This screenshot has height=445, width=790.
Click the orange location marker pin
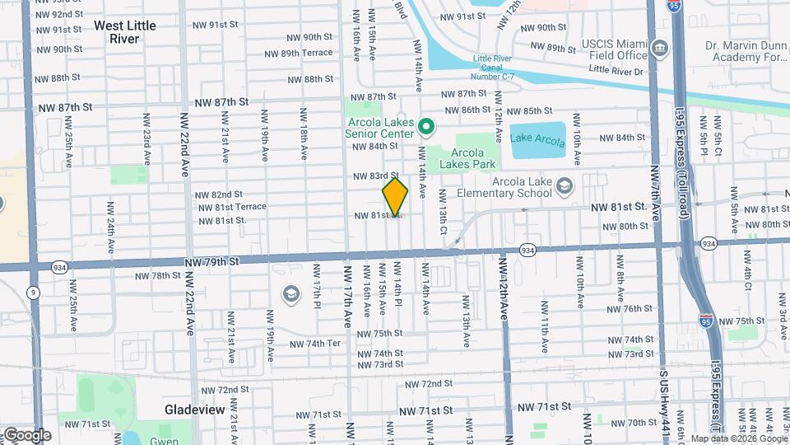[x=395, y=196]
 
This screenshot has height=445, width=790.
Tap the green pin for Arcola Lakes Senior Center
[x=425, y=127]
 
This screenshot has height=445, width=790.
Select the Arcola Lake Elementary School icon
[x=564, y=185]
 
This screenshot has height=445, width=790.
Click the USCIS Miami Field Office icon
[x=659, y=49]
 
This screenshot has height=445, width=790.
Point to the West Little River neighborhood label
[x=125, y=31]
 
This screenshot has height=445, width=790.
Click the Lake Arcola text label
[x=538, y=137]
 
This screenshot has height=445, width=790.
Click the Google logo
[x=26, y=434]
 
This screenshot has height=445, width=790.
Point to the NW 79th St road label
[x=211, y=261]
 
